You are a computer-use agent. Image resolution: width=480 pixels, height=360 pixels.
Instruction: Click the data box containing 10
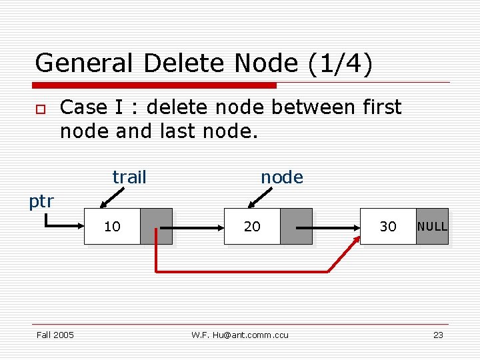(x=112, y=227)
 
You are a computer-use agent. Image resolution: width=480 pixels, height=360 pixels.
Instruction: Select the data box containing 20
(x=252, y=227)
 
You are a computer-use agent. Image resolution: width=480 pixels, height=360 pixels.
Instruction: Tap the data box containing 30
(x=388, y=227)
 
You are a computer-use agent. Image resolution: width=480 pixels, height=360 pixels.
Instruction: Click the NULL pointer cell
(x=432, y=227)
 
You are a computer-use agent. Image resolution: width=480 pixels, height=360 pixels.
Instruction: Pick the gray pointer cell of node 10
(x=157, y=227)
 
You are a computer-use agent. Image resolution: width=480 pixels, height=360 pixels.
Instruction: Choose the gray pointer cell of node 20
(x=297, y=227)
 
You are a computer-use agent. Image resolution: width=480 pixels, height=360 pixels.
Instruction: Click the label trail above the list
(x=129, y=177)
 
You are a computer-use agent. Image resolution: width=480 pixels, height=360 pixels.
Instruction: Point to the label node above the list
(x=281, y=177)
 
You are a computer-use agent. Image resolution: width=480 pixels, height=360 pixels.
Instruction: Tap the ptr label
(x=41, y=201)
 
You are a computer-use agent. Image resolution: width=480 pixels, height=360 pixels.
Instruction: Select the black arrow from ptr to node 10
(x=63, y=225)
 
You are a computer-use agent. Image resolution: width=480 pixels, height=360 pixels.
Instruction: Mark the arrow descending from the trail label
(x=111, y=199)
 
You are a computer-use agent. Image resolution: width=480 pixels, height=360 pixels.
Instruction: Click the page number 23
(x=438, y=335)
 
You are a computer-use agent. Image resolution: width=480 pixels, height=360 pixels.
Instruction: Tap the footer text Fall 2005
(x=55, y=335)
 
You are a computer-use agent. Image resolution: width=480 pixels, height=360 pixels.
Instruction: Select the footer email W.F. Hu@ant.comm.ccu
(x=240, y=335)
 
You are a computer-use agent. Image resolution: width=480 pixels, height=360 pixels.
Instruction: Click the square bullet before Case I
(x=41, y=109)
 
